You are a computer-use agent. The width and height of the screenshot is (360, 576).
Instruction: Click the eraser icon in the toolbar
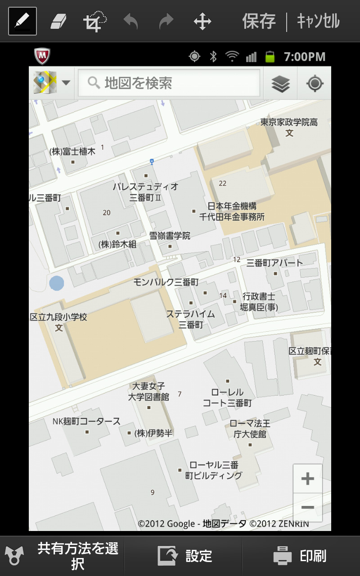point(58,21)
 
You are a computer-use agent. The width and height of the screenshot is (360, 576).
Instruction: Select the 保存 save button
point(259,21)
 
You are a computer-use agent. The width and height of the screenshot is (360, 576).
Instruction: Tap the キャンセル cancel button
point(318,21)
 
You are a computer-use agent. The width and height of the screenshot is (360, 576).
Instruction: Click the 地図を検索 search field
point(169,83)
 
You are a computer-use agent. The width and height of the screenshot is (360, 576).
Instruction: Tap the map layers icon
point(280,83)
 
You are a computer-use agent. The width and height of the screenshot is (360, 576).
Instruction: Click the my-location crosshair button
point(315,83)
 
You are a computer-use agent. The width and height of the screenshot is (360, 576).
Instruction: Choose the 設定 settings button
point(184,556)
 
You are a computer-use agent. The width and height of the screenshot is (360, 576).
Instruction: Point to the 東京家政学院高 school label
point(289,122)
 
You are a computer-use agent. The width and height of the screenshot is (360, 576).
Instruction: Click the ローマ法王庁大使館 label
point(250,428)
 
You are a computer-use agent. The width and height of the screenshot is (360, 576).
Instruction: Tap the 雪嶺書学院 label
point(170,236)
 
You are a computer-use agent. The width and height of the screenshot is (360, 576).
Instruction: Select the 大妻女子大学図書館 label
point(148,391)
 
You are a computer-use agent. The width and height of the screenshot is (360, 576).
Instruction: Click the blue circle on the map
point(57,283)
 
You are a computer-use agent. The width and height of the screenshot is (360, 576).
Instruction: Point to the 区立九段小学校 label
point(58,317)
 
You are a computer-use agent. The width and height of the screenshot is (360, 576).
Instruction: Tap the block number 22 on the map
point(222,183)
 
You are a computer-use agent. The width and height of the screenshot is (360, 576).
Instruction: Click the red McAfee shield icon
point(42,56)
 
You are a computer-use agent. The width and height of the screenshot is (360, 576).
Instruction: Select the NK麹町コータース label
point(86,422)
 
